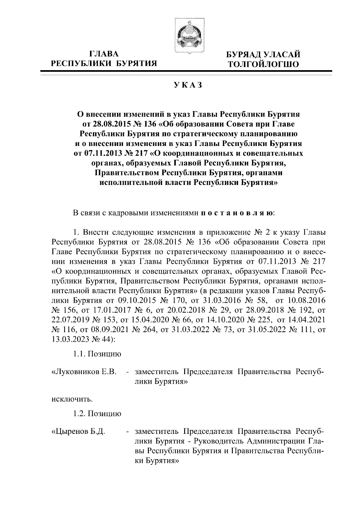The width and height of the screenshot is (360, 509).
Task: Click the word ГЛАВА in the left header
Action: [104, 54]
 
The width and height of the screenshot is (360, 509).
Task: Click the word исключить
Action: [72, 399]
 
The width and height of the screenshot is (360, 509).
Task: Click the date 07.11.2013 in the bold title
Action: [100, 154]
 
